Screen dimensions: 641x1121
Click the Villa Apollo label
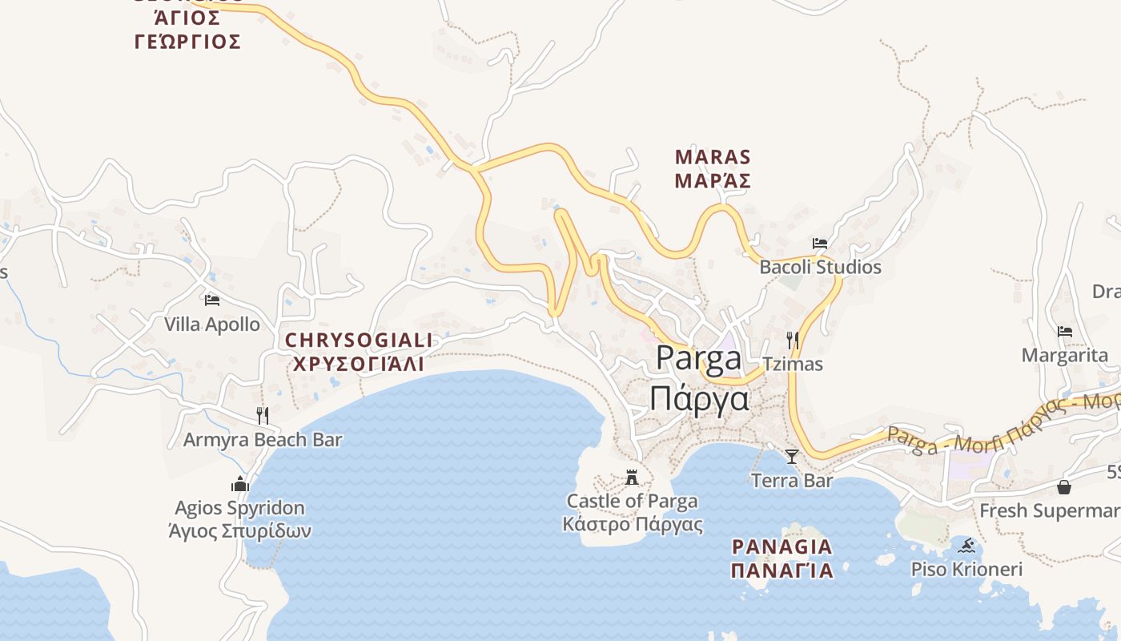point(212,325)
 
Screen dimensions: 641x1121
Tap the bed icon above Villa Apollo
point(212,300)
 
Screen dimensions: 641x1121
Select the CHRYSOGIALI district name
point(359,341)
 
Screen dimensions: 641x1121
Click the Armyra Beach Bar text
point(263,440)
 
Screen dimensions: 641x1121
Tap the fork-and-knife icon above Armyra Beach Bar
point(263,415)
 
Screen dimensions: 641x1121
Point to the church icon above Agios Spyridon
point(239,484)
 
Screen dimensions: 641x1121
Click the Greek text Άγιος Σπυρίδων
point(239,530)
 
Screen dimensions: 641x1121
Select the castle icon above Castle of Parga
point(632,478)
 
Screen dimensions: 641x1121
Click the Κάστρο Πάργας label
point(633,526)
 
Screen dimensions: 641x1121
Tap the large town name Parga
point(699,358)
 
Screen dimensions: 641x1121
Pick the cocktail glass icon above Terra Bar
point(792,457)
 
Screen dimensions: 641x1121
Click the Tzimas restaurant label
point(792,364)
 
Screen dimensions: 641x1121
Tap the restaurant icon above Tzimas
point(792,341)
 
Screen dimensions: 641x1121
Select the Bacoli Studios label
point(820,267)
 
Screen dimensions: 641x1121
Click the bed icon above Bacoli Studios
point(820,243)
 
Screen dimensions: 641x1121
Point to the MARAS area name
point(713,156)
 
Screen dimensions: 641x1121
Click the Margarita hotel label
point(1065,355)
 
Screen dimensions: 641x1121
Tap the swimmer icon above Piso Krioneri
point(967,546)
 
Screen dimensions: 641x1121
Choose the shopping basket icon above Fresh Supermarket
point(1064,486)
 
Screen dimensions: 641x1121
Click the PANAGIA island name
point(781,547)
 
